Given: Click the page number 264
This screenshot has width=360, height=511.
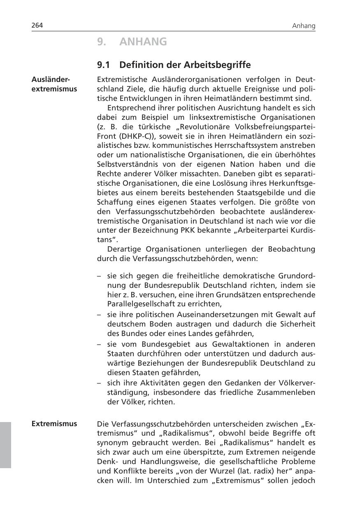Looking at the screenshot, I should click(x=37, y=26).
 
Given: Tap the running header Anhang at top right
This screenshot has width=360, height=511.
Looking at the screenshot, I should click(x=304, y=26).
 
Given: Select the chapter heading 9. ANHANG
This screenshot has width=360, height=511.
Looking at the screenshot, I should click(x=132, y=42).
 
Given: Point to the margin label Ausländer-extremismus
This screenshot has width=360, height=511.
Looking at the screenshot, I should click(x=54, y=84).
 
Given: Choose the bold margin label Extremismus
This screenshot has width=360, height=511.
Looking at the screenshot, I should click(x=54, y=423).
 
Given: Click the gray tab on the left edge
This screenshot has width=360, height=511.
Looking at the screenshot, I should click(x=5, y=444).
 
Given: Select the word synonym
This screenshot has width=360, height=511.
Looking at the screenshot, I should click(x=113, y=443).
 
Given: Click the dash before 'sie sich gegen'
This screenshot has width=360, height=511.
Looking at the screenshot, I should click(x=99, y=275).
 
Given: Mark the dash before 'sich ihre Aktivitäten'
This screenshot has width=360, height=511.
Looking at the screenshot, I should click(x=99, y=383).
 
